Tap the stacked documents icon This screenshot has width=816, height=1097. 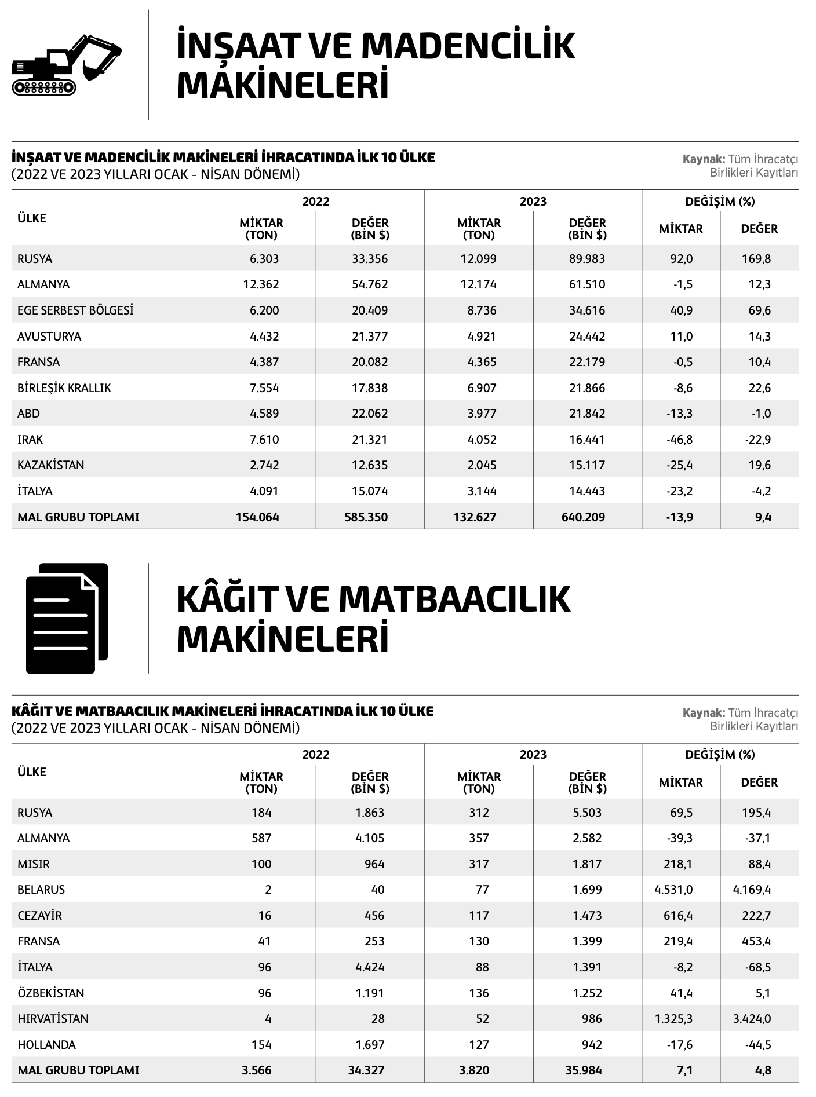(67, 617)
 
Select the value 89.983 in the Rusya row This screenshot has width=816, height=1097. (586, 259)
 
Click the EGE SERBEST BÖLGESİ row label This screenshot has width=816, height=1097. (75, 310)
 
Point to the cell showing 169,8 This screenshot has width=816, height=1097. (756, 259)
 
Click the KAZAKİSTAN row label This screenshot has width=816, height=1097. (51, 465)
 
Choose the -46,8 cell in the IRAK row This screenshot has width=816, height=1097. (679, 440)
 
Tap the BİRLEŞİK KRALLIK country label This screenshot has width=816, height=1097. (64, 388)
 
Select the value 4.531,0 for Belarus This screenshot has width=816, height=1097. (673, 890)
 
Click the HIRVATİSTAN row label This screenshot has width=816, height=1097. (53, 1019)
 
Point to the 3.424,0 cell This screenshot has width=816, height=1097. (752, 1019)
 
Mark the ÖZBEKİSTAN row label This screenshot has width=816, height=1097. (51, 993)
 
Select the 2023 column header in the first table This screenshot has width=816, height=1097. (533, 202)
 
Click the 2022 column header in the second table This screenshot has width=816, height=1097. (316, 755)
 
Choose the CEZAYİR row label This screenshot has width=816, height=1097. (40, 916)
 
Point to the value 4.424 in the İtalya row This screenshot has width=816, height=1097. (370, 967)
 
